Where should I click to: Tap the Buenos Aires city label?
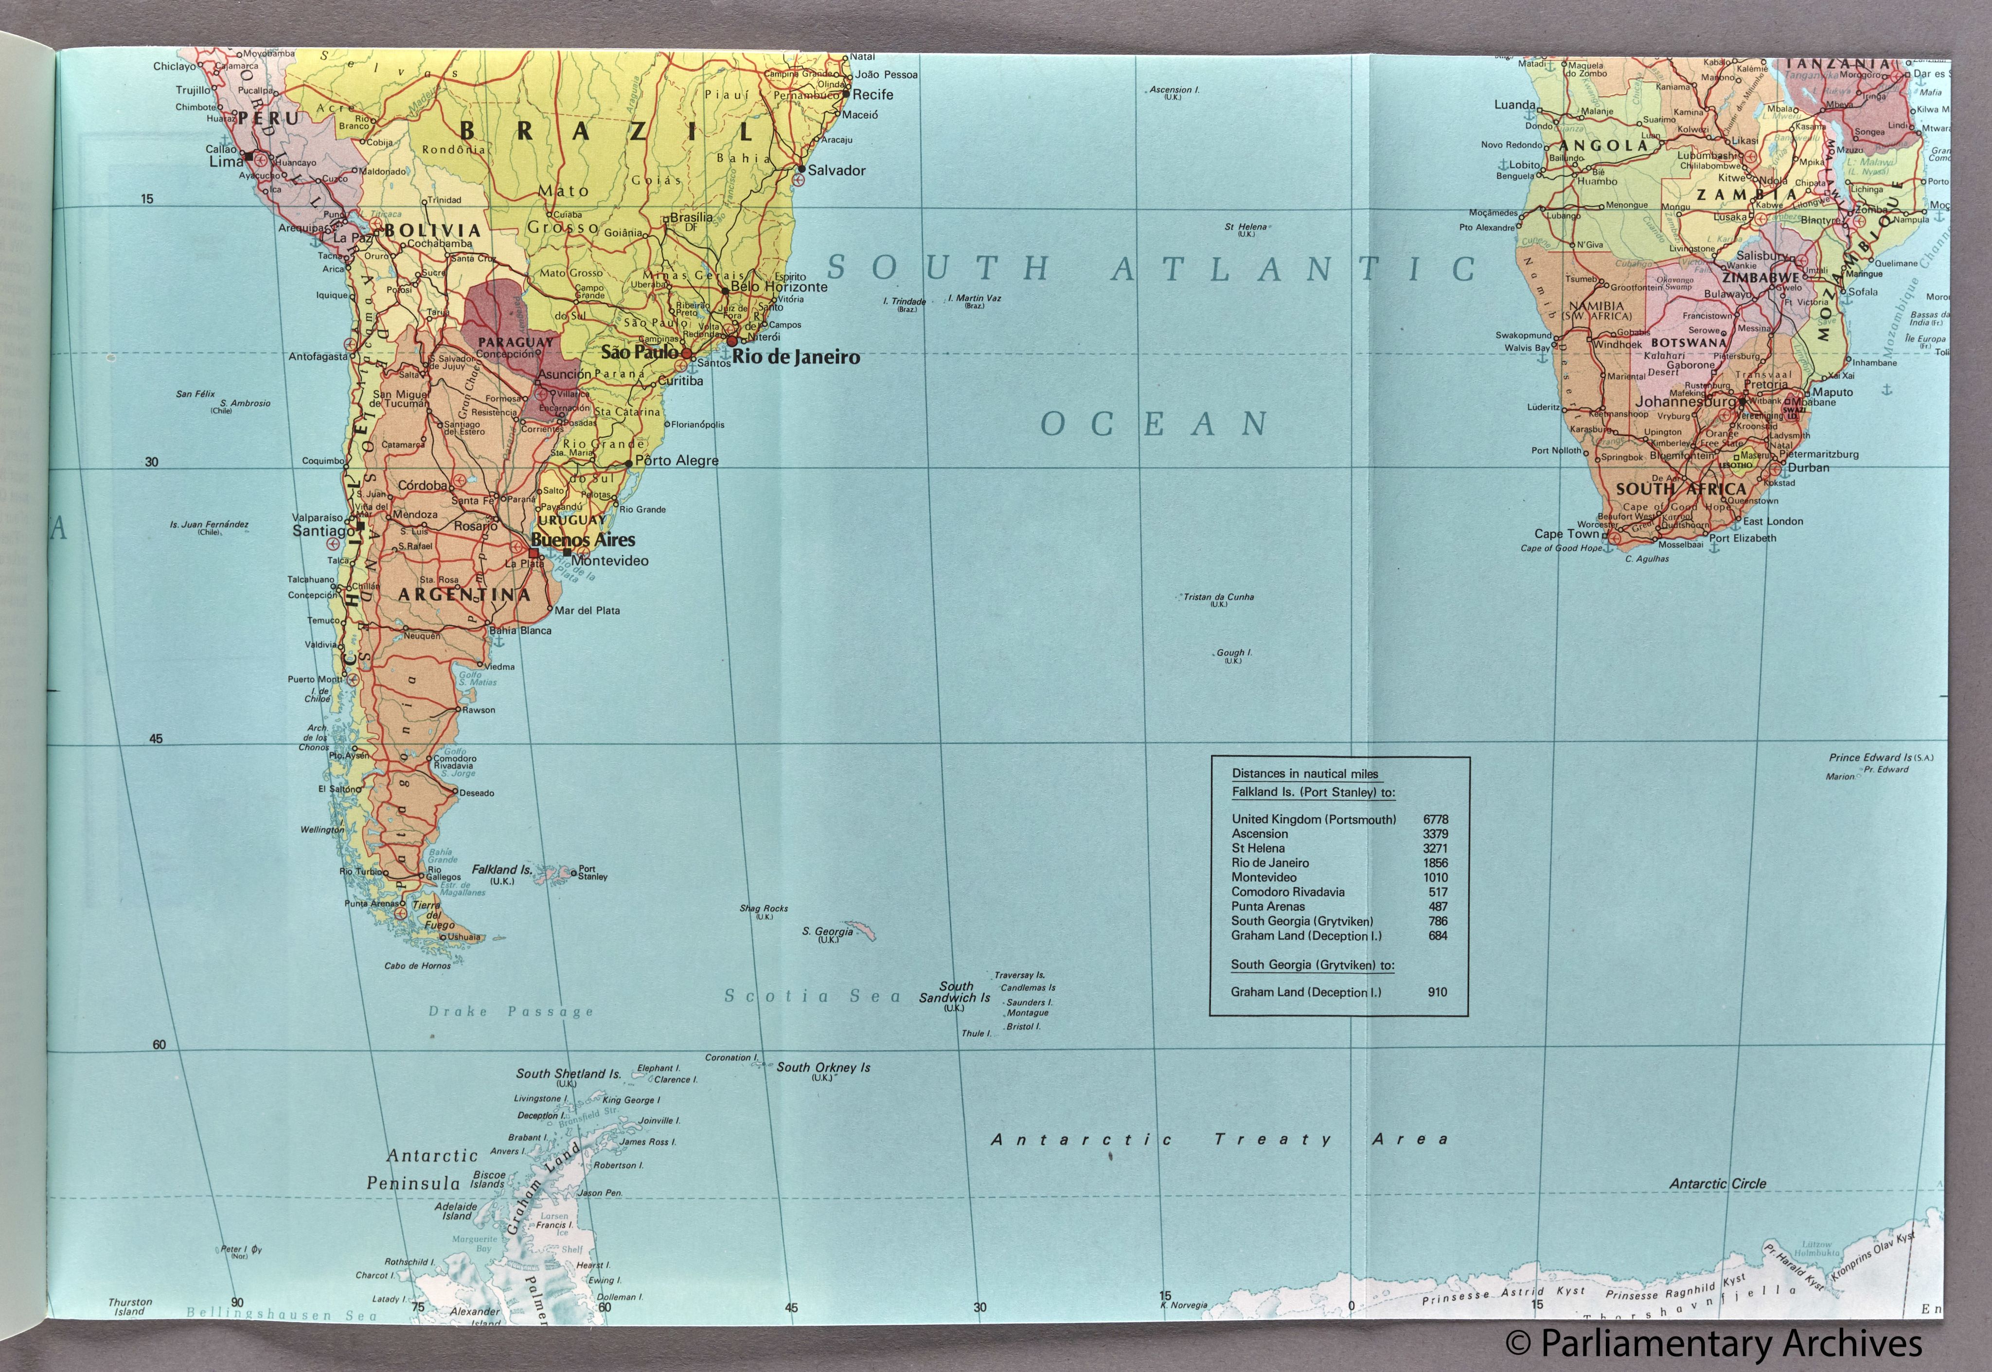click(x=583, y=540)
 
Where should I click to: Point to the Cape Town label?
click(x=1566, y=534)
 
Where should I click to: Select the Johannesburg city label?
click(x=1685, y=402)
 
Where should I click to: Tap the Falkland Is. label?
click(x=501, y=870)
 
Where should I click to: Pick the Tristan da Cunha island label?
click(x=1218, y=597)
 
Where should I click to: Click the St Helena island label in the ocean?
click(x=1246, y=227)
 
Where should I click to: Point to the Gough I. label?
click(x=1234, y=653)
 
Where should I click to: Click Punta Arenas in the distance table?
click(x=1268, y=906)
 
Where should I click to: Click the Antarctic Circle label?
click(x=1717, y=1184)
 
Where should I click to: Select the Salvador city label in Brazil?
click(x=836, y=170)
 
